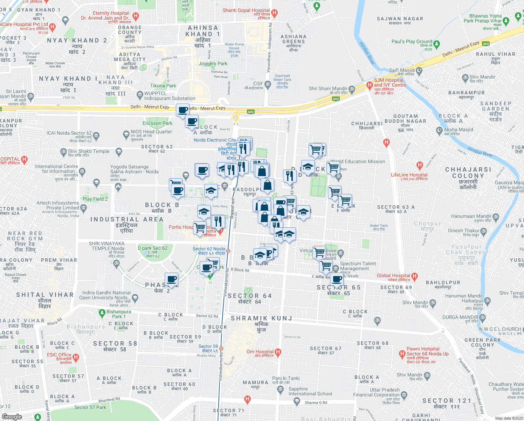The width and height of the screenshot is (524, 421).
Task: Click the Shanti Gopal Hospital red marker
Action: coord(275,13)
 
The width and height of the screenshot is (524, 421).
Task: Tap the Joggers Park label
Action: coord(213,64)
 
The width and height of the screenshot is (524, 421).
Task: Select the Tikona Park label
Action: coord(163,86)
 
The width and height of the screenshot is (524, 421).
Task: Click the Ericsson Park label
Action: coord(157,123)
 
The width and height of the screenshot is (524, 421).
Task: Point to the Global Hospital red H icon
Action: coord(415,276)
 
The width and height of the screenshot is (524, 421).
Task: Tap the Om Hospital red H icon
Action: coord(278,352)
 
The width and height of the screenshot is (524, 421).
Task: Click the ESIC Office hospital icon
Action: coord(76,357)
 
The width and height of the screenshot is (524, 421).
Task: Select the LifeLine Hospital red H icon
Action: coord(420,165)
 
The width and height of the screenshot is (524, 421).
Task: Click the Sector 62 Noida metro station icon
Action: coord(228,251)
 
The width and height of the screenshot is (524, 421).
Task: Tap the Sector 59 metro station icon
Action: coord(221,348)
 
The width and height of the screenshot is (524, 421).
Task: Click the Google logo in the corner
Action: coord(12,417)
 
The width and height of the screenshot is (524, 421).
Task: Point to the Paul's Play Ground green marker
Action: coord(436,44)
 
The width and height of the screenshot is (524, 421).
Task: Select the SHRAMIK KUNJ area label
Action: coord(261,318)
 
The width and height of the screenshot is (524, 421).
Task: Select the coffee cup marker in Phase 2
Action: coord(172,279)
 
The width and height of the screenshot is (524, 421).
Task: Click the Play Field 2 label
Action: coord(95,199)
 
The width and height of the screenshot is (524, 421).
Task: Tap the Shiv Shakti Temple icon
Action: coord(63,152)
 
